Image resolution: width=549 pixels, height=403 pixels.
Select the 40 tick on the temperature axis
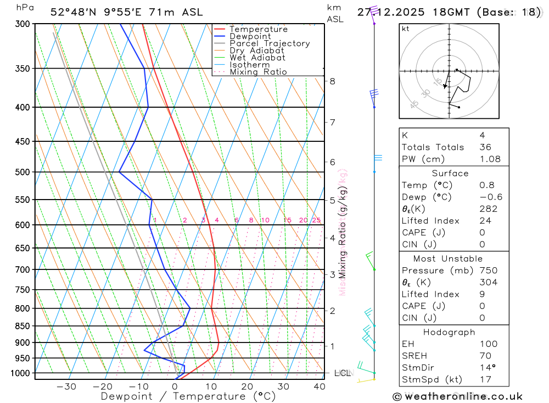319,387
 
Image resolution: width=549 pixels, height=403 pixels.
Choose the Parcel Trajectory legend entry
270,43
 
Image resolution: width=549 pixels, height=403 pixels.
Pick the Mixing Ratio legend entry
258,72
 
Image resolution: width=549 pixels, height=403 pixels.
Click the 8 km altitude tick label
333,81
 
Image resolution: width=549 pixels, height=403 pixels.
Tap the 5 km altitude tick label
333,200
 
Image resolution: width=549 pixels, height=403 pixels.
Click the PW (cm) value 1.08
490,159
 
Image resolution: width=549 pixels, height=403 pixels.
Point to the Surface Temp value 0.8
486,185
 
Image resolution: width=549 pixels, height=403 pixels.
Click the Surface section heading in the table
450,173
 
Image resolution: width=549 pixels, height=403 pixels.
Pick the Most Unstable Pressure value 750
488,270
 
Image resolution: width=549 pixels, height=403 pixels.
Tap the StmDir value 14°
486,368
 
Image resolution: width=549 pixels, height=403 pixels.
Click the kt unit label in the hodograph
406,29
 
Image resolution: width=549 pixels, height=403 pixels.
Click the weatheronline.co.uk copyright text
457,396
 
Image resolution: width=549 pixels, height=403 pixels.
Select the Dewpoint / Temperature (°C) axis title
188,396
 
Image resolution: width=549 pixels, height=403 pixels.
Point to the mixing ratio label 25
316,220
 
